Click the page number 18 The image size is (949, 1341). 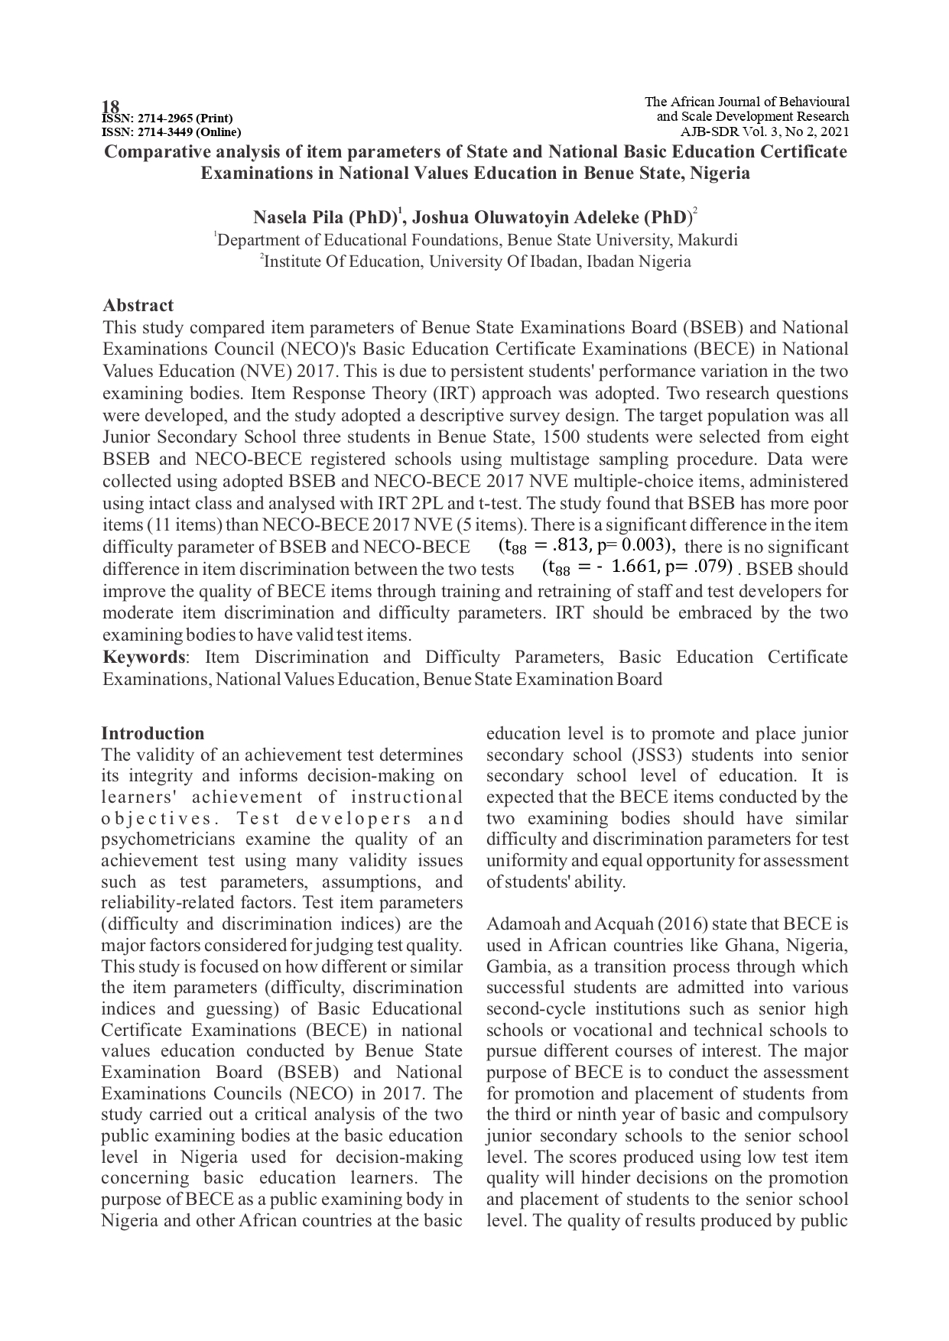[111, 106]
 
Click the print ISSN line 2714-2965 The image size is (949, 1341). [167, 119]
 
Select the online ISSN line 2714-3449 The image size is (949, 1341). [171, 132]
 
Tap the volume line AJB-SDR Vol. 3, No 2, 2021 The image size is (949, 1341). [765, 132]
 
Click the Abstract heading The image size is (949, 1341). [138, 306]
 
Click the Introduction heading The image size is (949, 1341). [153, 734]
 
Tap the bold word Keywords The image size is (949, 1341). [144, 658]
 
